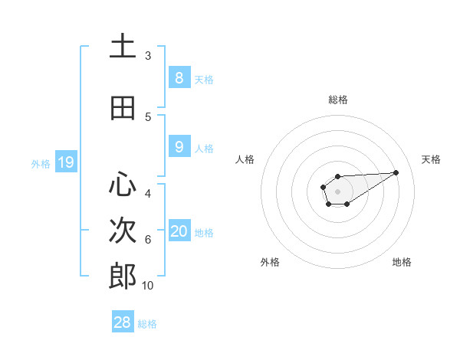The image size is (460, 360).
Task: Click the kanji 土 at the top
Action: coord(123,46)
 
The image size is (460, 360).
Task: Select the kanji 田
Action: coord(123,108)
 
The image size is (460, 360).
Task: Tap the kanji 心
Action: coord(123,185)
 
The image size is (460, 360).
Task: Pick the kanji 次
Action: coord(123,231)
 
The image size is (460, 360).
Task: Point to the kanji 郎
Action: coord(123,277)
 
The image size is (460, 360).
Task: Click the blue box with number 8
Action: coord(179,77)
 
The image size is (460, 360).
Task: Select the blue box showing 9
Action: coord(179,146)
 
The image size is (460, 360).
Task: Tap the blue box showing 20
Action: coord(179,231)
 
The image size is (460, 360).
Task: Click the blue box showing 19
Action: coord(65,162)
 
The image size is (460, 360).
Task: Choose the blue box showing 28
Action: coord(123,322)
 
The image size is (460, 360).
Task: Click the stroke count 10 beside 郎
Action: coord(147,285)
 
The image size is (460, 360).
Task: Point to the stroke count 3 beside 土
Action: coord(147,55)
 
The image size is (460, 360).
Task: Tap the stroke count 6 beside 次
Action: coord(147,239)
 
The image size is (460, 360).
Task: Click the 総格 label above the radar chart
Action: coord(337,100)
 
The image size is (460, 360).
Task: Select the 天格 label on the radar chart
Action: coord(431,159)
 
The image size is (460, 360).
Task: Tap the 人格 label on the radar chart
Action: coord(245,159)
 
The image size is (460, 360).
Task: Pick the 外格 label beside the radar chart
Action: coord(270,262)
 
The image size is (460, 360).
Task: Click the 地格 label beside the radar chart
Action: coord(402,262)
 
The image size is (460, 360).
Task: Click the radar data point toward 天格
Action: coord(396,172)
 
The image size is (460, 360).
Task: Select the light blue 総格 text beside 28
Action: coord(147,323)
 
